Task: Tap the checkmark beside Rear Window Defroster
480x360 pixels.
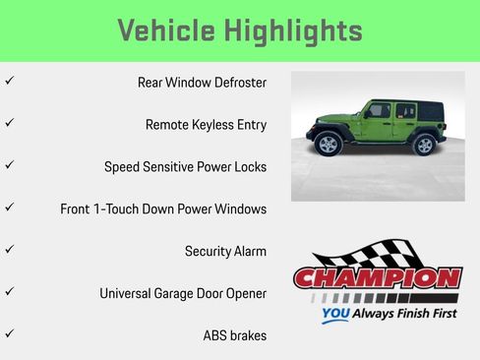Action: tap(9, 82)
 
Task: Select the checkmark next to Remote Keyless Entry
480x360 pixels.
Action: tap(9, 124)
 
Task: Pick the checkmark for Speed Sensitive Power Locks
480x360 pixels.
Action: tap(9, 166)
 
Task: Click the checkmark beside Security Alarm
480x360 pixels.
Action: tap(9, 250)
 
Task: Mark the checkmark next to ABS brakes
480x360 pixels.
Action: tap(9, 334)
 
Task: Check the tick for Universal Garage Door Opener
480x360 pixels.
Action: tap(9, 292)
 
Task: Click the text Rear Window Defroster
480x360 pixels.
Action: tap(202, 83)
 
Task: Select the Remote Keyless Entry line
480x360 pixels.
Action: tap(206, 125)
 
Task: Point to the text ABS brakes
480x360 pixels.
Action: tap(234, 335)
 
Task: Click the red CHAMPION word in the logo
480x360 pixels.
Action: tap(377, 278)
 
